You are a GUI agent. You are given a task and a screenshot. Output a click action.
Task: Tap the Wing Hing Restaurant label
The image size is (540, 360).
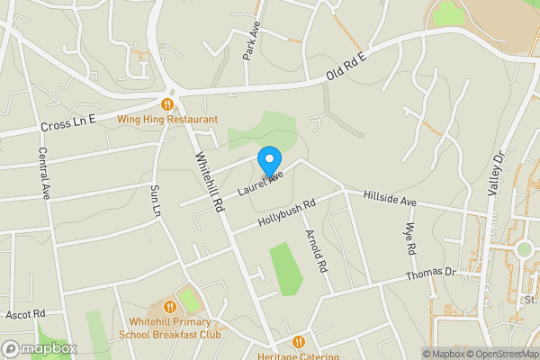coord(168,119)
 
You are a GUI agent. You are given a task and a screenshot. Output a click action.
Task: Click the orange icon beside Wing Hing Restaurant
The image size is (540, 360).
coord(167,103)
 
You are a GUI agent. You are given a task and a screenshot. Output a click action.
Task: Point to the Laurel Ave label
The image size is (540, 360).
coord(261,181)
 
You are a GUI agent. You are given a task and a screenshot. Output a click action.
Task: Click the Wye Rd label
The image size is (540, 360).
coord(411,238)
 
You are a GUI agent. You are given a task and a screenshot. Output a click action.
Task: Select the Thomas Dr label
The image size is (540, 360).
coord(432,273)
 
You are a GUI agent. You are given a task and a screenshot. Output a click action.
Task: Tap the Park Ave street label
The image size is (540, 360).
coord(253,43)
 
